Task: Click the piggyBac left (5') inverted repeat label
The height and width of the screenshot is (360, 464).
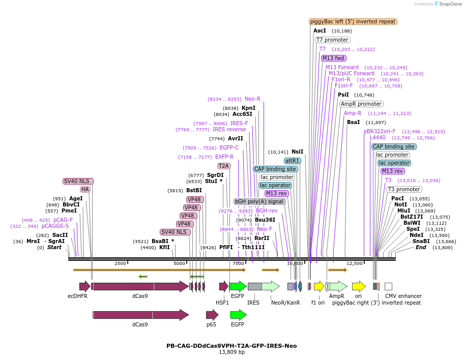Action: pyautogui.click(x=353, y=22)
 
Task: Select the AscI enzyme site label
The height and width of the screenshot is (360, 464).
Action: pyautogui.click(x=320, y=31)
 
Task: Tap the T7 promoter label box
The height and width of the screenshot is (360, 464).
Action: pyautogui.click(x=332, y=40)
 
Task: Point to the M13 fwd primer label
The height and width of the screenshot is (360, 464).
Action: pyautogui.click(x=333, y=58)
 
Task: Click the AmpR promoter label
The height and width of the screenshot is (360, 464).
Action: pyautogui.click(x=361, y=104)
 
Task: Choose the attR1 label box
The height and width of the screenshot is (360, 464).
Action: pyautogui.click(x=293, y=161)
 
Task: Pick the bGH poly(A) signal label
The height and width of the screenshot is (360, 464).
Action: pyautogui.click(x=259, y=201)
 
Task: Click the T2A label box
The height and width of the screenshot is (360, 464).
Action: pyautogui.click(x=223, y=166)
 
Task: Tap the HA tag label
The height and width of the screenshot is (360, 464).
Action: pyautogui.click(x=85, y=189)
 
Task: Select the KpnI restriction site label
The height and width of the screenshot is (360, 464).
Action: pyautogui.click(x=248, y=108)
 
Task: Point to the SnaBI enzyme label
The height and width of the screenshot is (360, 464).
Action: pyautogui.click(x=421, y=242)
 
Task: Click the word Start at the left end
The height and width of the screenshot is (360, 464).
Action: pyautogui.click(x=54, y=248)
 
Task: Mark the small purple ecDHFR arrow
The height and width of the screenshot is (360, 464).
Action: pyautogui.click(x=84, y=286)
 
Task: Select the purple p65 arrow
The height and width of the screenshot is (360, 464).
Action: pyautogui.click(x=212, y=315)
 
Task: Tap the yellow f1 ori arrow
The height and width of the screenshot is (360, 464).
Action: pyautogui.click(x=319, y=286)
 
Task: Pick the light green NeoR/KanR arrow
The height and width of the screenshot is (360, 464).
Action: pyautogui.click(x=270, y=286)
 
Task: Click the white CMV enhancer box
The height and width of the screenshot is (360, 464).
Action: pyautogui.click(x=388, y=286)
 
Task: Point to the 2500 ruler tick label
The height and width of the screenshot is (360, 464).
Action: pyautogui.click(x=120, y=263)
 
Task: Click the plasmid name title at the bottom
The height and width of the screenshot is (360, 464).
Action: pyautogui.click(x=231, y=346)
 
